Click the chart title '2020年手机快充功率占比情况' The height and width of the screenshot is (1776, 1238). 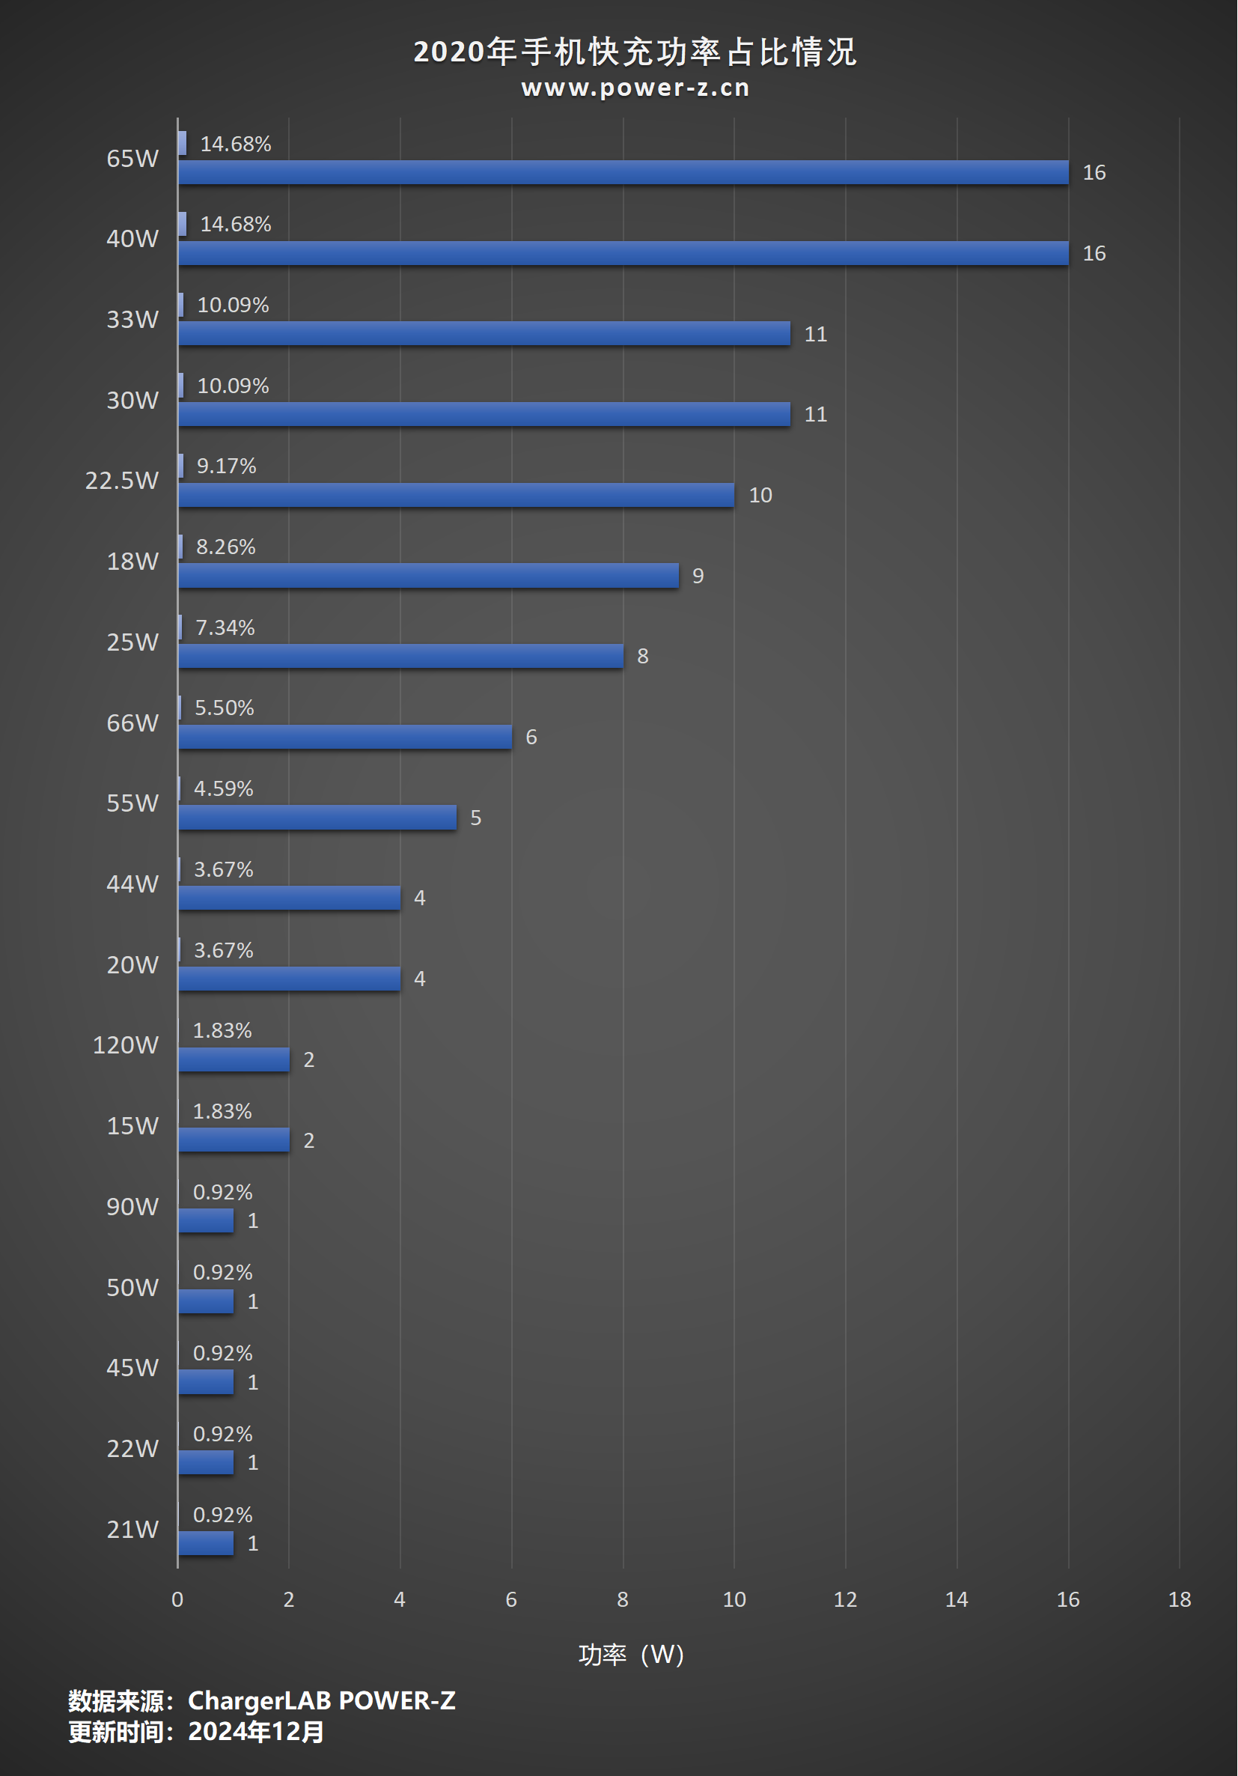(x=634, y=52)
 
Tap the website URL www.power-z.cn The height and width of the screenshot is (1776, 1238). (x=635, y=88)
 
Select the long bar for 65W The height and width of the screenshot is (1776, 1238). (x=623, y=172)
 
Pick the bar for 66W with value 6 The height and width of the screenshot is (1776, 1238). (x=345, y=738)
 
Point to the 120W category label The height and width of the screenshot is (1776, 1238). (x=125, y=1045)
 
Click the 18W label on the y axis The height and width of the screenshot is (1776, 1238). (x=132, y=562)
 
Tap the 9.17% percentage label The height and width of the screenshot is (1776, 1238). (x=226, y=466)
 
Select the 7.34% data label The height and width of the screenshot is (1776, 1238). (x=225, y=627)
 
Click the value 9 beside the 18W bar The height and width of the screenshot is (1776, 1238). (x=698, y=577)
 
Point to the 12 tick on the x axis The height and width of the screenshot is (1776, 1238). (x=845, y=1599)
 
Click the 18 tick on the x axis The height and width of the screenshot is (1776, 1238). (x=1179, y=1599)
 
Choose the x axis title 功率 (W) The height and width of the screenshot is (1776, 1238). (x=631, y=1655)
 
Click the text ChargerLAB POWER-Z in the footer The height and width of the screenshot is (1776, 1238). (x=322, y=1700)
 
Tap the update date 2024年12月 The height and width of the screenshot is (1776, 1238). (x=256, y=1731)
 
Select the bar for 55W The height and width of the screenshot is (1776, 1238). (x=317, y=818)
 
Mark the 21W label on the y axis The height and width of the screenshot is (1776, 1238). (x=132, y=1529)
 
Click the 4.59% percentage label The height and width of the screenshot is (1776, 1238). (x=224, y=789)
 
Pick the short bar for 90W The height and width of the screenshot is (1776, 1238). (x=206, y=1220)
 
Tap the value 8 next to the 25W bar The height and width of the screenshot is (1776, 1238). (x=643, y=657)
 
